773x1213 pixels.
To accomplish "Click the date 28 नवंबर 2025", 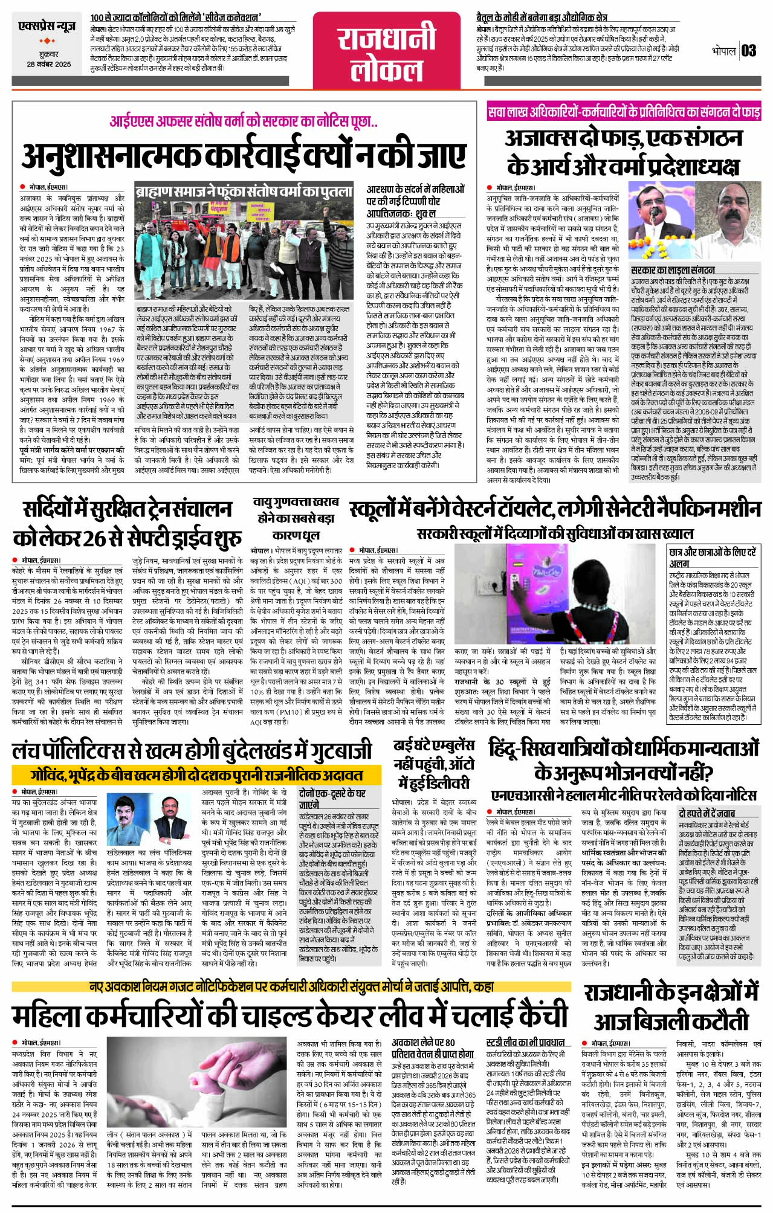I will (48, 64).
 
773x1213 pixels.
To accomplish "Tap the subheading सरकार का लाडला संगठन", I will (672, 270).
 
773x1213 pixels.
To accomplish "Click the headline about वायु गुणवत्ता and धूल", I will (296, 518).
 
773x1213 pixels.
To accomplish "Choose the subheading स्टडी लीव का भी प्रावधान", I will (525, 1041).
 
